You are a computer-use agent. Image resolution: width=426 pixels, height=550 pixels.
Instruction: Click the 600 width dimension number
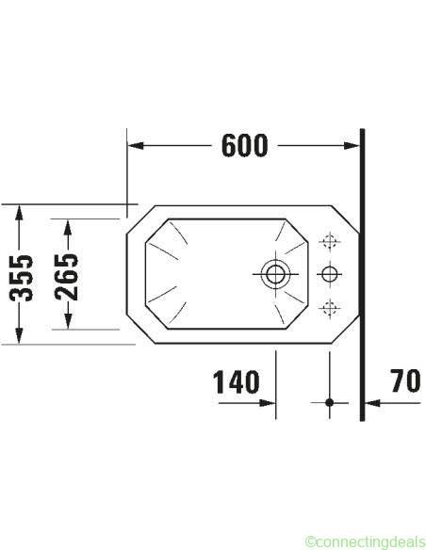coord(245,146)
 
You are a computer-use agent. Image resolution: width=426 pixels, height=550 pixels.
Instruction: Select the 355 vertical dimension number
coord(21,278)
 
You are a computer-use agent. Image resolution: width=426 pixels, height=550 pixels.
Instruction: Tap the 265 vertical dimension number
coord(66,277)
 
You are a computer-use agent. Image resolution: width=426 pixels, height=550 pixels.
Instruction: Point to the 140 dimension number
coord(237,381)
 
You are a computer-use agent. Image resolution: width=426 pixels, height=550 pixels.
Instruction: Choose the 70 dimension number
coord(406,380)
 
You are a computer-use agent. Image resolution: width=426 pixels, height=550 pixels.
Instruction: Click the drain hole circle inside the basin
coord(275,274)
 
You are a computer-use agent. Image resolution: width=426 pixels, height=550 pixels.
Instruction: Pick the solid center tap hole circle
coord(329,274)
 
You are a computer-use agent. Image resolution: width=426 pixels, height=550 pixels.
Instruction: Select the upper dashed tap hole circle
coord(329,241)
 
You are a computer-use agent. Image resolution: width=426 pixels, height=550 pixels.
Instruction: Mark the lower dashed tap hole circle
coord(329,308)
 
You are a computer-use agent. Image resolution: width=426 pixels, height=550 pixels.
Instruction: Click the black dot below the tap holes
coord(329,402)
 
